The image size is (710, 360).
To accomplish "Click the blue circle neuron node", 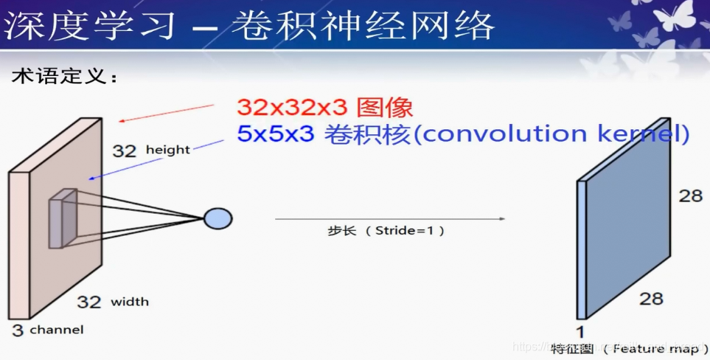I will coord(217,218).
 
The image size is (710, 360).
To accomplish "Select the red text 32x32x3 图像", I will coord(324,108).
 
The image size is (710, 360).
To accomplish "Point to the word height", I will coord(167,150).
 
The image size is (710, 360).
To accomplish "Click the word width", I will coord(130,301).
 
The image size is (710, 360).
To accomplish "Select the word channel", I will coord(57,330).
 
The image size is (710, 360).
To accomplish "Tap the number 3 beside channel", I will coord(17,330).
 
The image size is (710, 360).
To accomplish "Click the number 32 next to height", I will coord(125,151).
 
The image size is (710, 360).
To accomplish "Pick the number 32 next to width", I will coord(89,302).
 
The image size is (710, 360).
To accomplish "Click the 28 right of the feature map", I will coord(691,195).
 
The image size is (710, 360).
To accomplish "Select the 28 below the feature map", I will coord(651,298).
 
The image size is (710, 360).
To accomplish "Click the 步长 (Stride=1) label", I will coord(386,230).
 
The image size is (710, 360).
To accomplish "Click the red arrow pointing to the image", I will coord(166,114).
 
